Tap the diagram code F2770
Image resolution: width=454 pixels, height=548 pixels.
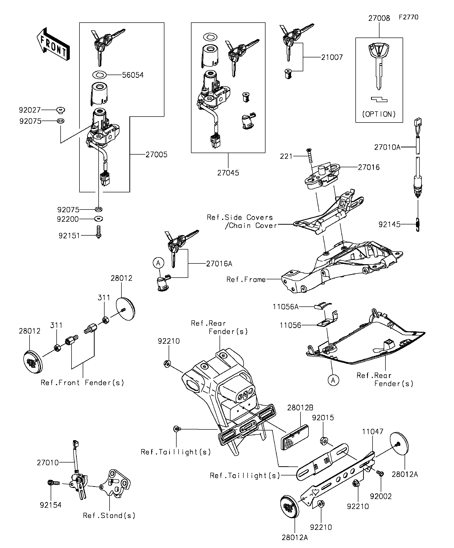point(408,17)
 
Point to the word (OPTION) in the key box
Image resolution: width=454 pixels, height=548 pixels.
point(379,114)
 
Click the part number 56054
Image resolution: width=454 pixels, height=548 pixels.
point(133,75)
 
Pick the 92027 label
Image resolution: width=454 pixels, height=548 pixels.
point(30,110)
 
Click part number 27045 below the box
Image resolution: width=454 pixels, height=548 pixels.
point(228,173)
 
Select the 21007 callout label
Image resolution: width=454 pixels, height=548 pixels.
point(332,57)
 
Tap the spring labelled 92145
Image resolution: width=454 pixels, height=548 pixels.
point(418,224)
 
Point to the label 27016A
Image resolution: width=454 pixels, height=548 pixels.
point(219,264)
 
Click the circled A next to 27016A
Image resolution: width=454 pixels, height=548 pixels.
point(158,263)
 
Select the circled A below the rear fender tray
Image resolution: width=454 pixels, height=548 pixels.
point(333,380)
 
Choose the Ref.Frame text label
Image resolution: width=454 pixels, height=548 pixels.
point(246,280)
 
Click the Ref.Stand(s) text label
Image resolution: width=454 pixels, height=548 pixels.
point(109,515)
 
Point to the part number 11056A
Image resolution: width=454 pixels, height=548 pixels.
point(286,307)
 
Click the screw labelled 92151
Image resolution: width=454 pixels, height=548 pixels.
point(99,232)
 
